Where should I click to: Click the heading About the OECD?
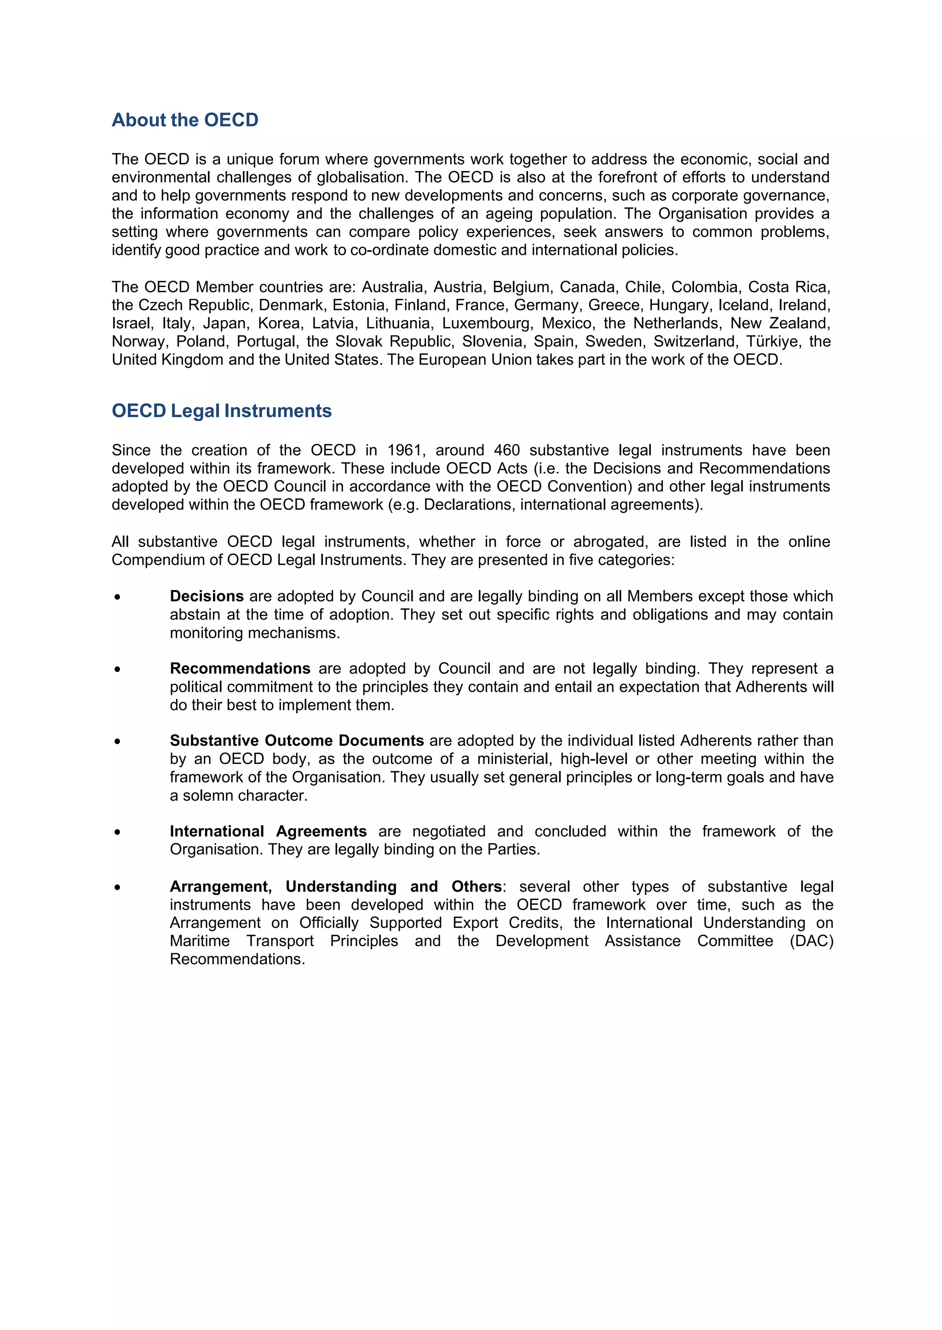coord(185,120)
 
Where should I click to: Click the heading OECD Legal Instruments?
coord(222,411)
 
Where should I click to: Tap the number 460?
coord(506,450)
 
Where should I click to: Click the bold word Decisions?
coord(207,596)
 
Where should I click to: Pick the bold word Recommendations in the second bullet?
coord(240,668)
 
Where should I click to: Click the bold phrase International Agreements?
coord(268,831)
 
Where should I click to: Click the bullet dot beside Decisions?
coord(118,597)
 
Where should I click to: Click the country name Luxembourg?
coord(486,323)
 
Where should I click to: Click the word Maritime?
coord(200,941)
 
